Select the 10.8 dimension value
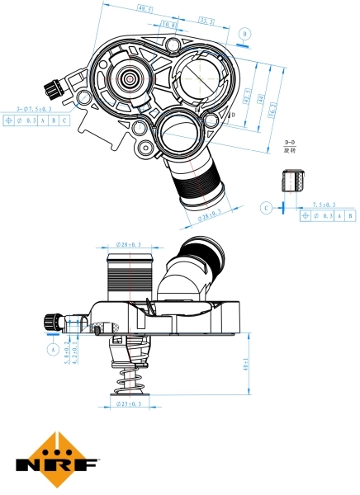[x=168, y=26]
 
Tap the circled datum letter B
[x=245, y=34]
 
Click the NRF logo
[x=57, y=459]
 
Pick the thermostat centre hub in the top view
[x=131, y=80]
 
